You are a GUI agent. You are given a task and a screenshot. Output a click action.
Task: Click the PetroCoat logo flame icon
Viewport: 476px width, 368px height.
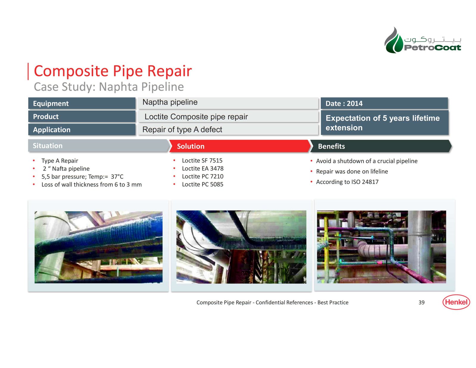[394, 40]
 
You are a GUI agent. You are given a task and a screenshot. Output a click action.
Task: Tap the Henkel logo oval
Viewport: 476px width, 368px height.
[456, 302]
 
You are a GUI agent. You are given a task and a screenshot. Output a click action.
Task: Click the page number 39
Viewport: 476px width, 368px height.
[422, 302]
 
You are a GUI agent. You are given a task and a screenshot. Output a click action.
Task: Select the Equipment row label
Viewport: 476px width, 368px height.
[82, 103]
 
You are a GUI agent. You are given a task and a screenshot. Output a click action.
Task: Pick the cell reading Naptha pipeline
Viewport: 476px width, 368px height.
[228, 103]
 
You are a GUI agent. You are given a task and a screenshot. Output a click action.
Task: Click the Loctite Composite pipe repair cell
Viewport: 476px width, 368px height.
[228, 117]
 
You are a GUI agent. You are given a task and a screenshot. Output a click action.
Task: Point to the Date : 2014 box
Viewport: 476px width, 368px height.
[384, 103]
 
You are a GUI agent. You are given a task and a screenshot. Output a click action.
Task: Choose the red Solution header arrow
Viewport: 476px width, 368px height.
[239, 146]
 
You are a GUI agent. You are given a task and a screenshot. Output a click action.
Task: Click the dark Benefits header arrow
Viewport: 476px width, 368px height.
[381, 146]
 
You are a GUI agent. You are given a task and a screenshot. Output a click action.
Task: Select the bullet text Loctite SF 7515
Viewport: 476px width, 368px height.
[202, 160]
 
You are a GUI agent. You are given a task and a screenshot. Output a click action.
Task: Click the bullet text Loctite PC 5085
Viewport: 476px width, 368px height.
[202, 184]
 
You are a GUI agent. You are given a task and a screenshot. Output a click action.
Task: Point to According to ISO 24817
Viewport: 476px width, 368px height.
[347, 182]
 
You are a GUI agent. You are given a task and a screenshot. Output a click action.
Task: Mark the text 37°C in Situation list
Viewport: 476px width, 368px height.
[117, 177]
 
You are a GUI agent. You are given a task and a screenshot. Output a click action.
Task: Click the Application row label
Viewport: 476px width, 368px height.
[82, 130]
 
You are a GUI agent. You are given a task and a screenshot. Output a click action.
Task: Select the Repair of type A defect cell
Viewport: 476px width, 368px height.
[228, 130]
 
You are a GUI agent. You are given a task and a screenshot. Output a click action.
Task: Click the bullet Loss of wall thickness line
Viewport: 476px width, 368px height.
[92, 185]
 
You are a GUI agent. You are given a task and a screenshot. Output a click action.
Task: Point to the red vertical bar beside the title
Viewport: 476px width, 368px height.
[28, 71]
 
